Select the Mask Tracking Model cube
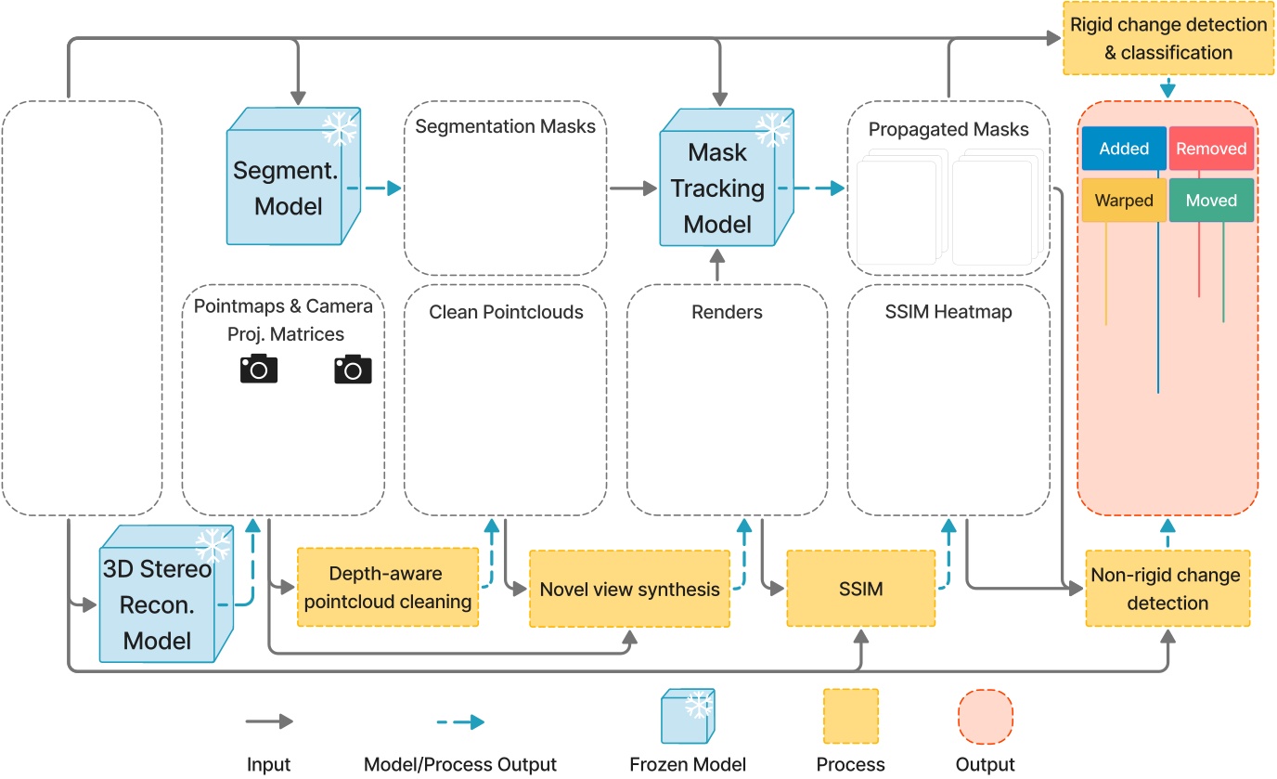pos(716,188)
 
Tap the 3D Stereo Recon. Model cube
pos(157,604)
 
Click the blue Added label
pos(1123,149)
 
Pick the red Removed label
pos(1211,149)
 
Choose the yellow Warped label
pos(1123,201)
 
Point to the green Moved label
pos(1211,201)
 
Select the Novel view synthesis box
pos(629,589)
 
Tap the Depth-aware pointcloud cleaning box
pos(388,589)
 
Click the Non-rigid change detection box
pos(1167,589)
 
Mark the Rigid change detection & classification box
pos(1167,38)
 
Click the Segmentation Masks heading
pos(505,125)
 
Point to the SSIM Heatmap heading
pos(948,312)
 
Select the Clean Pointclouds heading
pos(506,312)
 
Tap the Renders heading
pos(727,312)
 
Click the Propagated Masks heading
pos(948,129)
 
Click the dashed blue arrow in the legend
pos(460,721)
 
